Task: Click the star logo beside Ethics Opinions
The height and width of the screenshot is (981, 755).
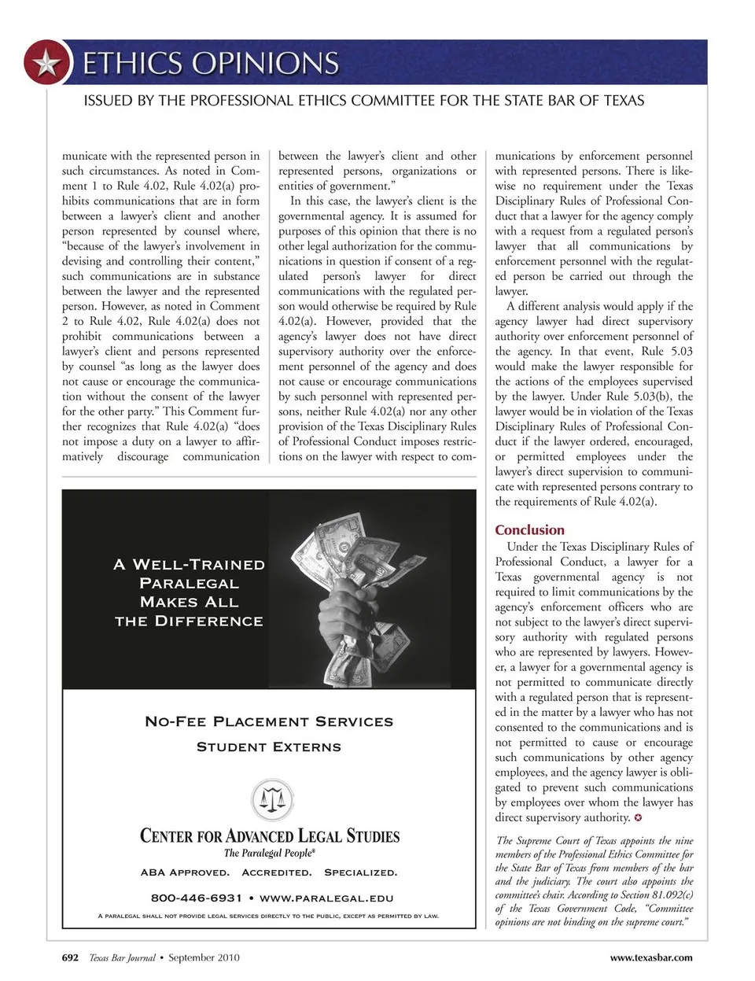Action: point(46,63)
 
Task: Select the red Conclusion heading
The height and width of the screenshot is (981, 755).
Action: point(529,530)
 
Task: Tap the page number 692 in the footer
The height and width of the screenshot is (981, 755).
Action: point(71,957)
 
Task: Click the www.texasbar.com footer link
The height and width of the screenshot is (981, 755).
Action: point(651,957)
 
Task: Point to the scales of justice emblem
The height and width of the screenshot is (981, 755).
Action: point(271,800)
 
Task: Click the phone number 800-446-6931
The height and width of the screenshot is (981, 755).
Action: point(196,898)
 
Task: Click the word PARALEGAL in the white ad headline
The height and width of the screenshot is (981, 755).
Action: point(189,583)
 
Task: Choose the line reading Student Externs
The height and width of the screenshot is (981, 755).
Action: point(269,747)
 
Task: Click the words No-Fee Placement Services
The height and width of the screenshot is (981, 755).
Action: point(269,721)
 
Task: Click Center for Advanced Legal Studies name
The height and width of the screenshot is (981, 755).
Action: point(269,835)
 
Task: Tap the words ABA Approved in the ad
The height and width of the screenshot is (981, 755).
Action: point(185,872)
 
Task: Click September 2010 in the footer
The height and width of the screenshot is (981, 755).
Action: point(204,957)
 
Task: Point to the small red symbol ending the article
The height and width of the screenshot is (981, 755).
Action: point(639,818)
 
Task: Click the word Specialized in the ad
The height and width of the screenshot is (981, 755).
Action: point(360,872)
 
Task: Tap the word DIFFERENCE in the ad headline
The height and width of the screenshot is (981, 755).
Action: point(208,621)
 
